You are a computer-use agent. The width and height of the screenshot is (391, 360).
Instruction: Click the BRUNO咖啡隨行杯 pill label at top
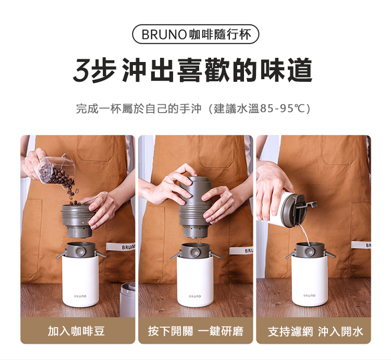pyautogui.click(x=195, y=34)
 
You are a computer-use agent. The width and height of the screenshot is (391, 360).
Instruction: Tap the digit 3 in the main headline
pyautogui.click(x=82, y=70)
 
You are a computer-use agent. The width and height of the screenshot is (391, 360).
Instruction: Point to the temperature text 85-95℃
pyautogui.click(x=282, y=108)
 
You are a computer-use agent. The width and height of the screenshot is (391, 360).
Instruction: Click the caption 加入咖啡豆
pyautogui.click(x=76, y=331)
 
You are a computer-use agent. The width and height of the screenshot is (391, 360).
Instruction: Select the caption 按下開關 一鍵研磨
pyautogui.click(x=195, y=331)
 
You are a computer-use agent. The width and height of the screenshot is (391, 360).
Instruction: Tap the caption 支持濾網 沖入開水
pyautogui.click(x=315, y=331)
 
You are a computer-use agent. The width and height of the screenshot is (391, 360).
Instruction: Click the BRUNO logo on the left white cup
pyautogui.click(x=80, y=296)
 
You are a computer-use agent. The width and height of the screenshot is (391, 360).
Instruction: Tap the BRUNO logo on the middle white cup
pyautogui.click(x=195, y=296)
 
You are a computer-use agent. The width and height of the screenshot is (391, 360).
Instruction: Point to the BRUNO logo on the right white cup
pyautogui.click(x=310, y=295)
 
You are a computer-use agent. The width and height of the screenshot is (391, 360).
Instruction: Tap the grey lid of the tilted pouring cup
pyautogui.click(x=294, y=210)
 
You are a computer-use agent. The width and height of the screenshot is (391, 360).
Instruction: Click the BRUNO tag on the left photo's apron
pyautogui.click(x=121, y=246)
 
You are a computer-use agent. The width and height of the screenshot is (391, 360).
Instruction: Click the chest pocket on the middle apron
pyautogui.click(x=216, y=151)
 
